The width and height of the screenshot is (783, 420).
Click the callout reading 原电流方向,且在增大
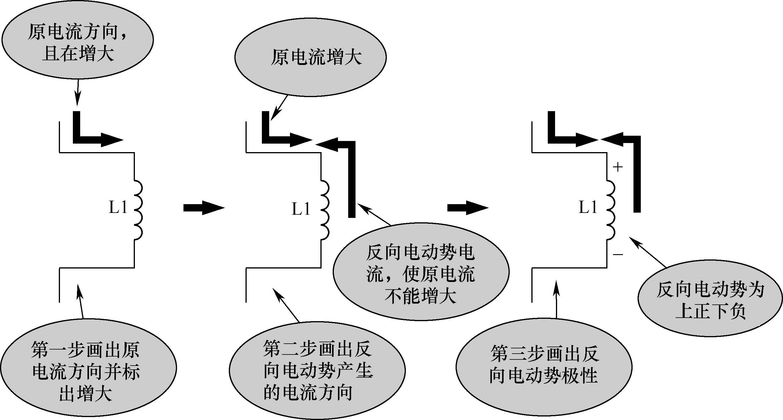(x=77, y=39)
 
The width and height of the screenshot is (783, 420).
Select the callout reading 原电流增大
(x=310, y=57)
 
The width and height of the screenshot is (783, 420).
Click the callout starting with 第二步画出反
(x=317, y=371)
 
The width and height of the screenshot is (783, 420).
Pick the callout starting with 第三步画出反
(x=544, y=366)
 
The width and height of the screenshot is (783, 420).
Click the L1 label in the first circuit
(x=118, y=208)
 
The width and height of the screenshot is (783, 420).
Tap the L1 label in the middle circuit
(x=301, y=209)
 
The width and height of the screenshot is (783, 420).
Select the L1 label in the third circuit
(x=588, y=208)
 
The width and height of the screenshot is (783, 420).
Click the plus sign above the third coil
(x=618, y=167)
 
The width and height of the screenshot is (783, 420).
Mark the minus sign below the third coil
(x=618, y=254)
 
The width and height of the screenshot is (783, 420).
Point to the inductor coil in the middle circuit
(x=324, y=210)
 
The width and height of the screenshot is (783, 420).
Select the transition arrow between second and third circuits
(x=467, y=208)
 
